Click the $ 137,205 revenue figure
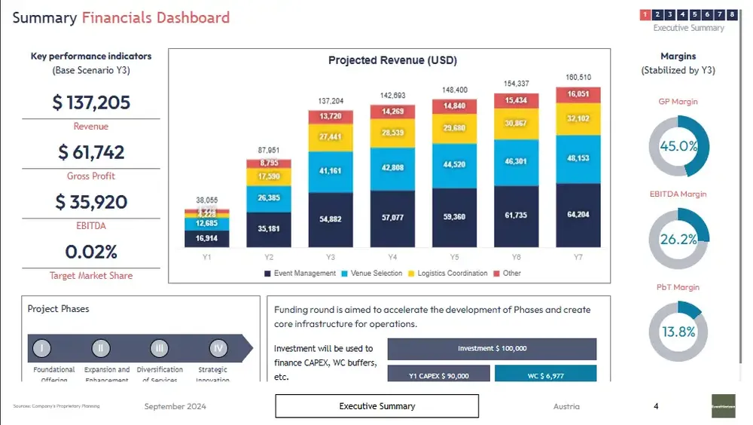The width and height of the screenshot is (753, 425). click(91, 102)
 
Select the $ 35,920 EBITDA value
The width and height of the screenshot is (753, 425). click(91, 202)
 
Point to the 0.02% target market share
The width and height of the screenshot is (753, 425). click(91, 252)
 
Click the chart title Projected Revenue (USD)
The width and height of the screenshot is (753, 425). click(392, 60)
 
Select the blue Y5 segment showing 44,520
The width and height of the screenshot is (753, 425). click(454, 165)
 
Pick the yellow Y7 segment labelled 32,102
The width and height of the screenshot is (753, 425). click(578, 119)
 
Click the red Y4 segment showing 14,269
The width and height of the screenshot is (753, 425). click(392, 112)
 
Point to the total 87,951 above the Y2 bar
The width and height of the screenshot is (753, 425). click(269, 150)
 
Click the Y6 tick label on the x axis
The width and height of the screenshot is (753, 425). click(516, 257)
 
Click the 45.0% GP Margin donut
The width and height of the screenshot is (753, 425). click(678, 146)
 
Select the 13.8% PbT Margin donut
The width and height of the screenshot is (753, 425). click(678, 332)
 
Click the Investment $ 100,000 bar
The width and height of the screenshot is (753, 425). click(492, 349)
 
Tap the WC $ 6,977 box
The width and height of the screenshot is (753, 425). click(545, 375)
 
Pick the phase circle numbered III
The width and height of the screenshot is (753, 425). click(159, 348)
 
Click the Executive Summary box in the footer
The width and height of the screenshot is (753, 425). click(376, 406)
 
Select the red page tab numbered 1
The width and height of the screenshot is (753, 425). click(645, 14)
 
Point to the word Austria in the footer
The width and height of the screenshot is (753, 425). click(566, 407)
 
